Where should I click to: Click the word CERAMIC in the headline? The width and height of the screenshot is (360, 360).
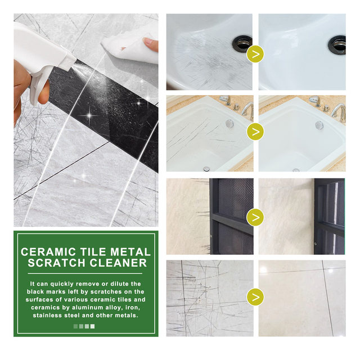[x=48, y=252]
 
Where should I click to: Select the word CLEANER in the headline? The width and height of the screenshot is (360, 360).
[x=118, y=263]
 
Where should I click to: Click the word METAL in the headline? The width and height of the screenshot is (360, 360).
[x=130, y=252]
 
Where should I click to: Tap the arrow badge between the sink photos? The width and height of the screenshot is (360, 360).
[x=255, y=54]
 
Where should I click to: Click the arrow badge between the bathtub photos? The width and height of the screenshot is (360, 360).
[x=255, y=132]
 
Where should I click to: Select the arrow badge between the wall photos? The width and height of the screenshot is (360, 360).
[x=255, y=217]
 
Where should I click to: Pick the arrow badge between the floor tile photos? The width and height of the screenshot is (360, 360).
[x=255, y=297]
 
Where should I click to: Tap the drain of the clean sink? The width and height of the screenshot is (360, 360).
[x=337, y=45]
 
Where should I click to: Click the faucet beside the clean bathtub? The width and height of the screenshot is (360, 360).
[x=339, y=111]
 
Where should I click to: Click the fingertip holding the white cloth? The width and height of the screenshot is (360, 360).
[x=150, y=44]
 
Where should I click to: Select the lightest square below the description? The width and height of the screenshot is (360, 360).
[x=92, y=326]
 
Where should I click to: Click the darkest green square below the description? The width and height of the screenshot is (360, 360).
[x=75, y=326]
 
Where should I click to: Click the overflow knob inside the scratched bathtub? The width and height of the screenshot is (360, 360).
[x=229, y=124]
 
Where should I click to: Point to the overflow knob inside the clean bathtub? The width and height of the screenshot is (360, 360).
[x=319, y=125]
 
